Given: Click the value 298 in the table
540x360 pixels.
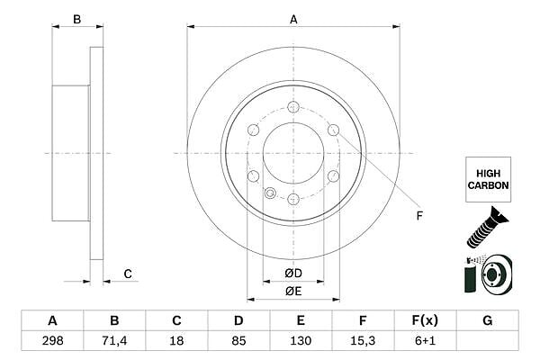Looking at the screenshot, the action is [53, 341].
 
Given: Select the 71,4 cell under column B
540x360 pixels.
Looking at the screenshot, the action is [114, 341].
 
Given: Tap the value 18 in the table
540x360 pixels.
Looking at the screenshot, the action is [176, 341].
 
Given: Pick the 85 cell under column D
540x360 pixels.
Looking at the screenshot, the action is [238, 341].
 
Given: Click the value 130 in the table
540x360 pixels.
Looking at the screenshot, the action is [301, 341].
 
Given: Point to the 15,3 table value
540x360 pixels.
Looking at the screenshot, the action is [363, 341].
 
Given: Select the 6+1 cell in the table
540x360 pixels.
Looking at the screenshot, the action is [425, 341].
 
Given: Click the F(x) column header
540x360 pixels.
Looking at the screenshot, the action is [425, 320].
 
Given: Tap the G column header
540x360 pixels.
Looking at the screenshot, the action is [487, 320].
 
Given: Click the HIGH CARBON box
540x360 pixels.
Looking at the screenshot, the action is [489, 179].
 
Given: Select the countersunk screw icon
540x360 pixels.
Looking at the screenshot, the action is [487, 228].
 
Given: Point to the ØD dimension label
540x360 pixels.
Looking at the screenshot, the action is [293, 274].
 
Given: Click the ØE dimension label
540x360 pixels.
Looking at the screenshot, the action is [293, 292].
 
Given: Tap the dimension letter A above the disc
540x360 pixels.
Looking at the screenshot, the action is [293, 20].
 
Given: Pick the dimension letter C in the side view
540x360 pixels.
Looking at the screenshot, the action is [128, 274].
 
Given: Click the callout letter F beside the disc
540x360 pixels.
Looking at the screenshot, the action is [419, 216].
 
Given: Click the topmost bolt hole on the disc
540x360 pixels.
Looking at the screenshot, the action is [293, 107].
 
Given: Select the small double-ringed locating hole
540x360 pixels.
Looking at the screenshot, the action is [270, 193].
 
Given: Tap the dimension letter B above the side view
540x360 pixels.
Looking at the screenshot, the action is [77, 20].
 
